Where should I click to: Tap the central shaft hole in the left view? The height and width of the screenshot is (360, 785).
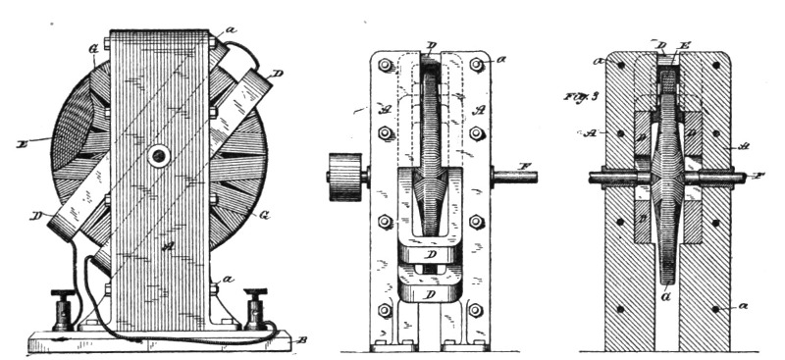pos(158,156)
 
